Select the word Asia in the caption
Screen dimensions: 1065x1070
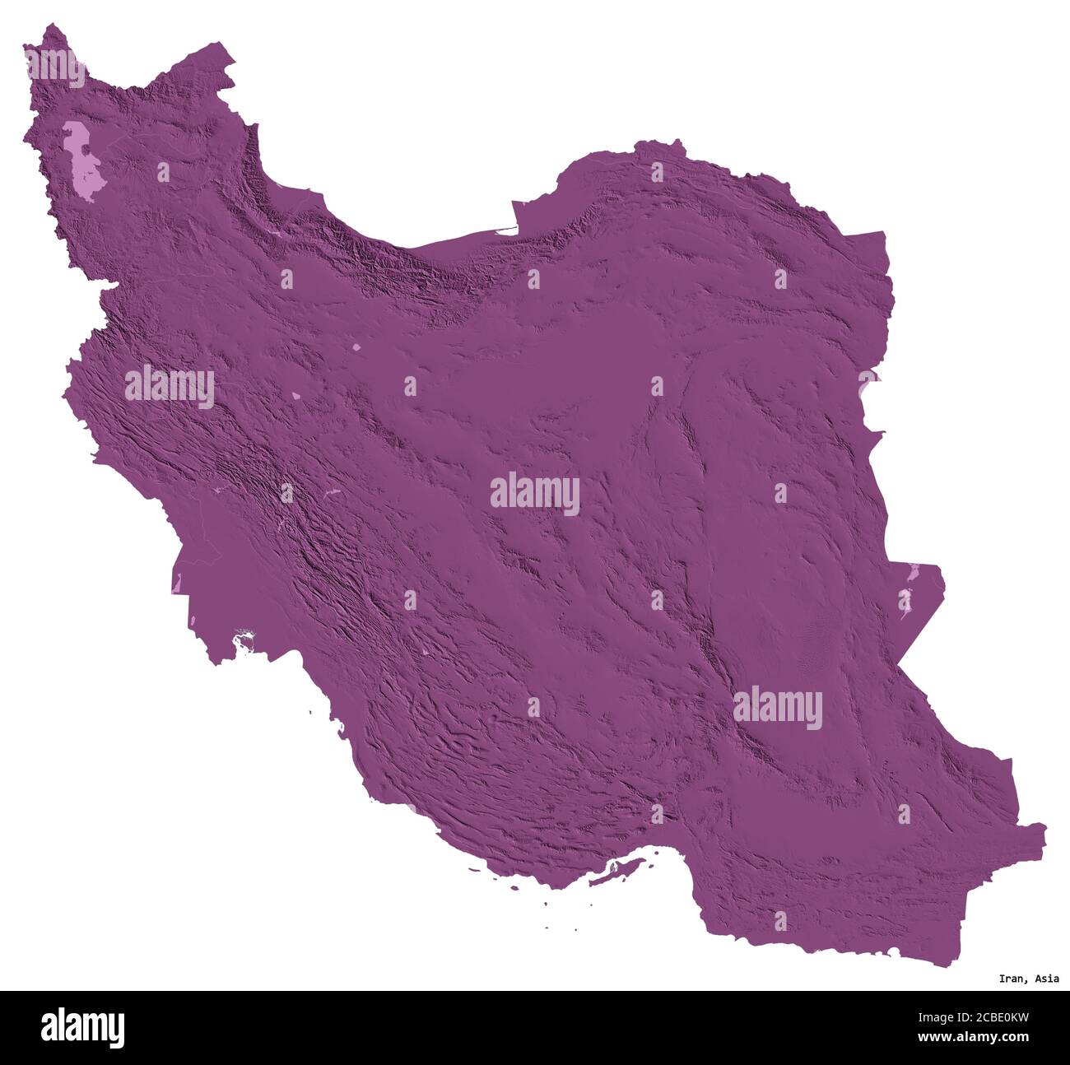click(x=1047, y=979)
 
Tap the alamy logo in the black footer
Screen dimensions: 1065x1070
click(x=82, y=1027)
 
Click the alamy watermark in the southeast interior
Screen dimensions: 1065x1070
click(x=777, y=708)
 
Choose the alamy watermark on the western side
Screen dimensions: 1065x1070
click(x=170, y=387)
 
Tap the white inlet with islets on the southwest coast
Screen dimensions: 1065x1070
click(x=244, y=639)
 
